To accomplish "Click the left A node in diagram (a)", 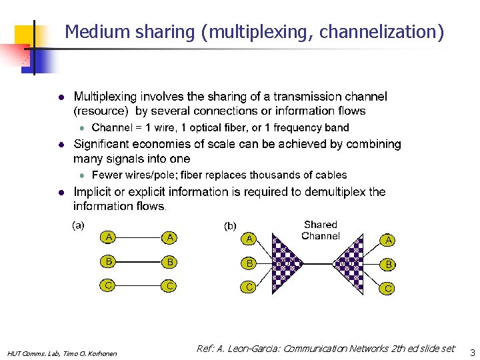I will tap(109, 237).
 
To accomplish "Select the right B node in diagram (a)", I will tap(170, 262).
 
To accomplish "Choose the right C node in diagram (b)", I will tap(388, 289).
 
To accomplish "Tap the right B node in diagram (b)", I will tap(388, 264).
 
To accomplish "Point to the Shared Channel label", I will tap(321, 230).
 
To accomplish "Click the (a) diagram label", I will tap(78, 225).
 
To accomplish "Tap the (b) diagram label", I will tap(229, 226).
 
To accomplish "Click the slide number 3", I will tap(473, 351).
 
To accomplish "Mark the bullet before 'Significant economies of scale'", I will tap(60, 144).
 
